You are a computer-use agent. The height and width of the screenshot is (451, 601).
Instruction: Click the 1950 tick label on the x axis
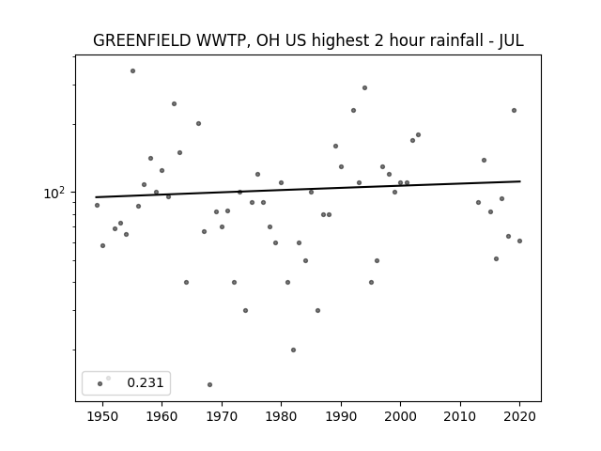pyautogui.click(x=102, y=416)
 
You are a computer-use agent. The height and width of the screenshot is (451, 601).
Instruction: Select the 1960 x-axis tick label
pyautogui.click(x=162, y=416)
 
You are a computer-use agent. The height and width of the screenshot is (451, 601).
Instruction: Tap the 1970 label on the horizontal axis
pyautogui.click(x=222, y=416)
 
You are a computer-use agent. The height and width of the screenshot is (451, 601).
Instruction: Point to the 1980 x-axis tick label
pyautogui.click(x=281, y=416)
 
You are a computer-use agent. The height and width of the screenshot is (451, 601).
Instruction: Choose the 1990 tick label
pyautogui.click(x=341, y=416)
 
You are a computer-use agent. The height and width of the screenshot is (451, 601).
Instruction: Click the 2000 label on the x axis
pyautogui.click(x=401, y=416)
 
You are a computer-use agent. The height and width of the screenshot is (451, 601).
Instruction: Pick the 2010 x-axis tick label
pyautogui.click(x=460, y=416)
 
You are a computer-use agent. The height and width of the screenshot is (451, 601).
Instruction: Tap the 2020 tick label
pyautogui.click(x=519, y=416)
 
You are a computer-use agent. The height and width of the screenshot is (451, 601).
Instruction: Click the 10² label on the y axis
pyautogui.click(x=54, y=193)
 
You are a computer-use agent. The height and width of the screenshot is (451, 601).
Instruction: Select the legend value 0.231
pyautogui.click(x=146, y=382)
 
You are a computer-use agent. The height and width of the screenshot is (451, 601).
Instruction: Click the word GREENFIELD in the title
pyautogui.click(x=142, y=40)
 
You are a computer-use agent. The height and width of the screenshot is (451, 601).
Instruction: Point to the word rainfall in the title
pyautogui.click(x=460, y=40)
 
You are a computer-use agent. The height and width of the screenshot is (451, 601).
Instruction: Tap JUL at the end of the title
pyautogui.click(x=511, y=40)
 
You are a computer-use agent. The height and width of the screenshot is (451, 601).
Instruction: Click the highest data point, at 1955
pyautogui.click(x=132, y=71)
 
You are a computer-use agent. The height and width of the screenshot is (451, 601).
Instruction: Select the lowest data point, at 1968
pyautogui.click(x=209, y=384)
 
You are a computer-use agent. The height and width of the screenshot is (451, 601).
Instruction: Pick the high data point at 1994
pyautogui.click(x=365, y=87)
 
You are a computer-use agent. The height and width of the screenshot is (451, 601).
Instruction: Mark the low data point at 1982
pyautogui.click(x=293, y=350)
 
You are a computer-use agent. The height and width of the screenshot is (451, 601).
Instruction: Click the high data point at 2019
pyautogui.click(x=514, y=111)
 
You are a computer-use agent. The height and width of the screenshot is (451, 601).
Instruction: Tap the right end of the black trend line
pyautogui.click(x=520, y=181)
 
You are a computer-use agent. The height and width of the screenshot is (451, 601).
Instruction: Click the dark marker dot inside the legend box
pyautogui.click(x=100, y=383)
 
